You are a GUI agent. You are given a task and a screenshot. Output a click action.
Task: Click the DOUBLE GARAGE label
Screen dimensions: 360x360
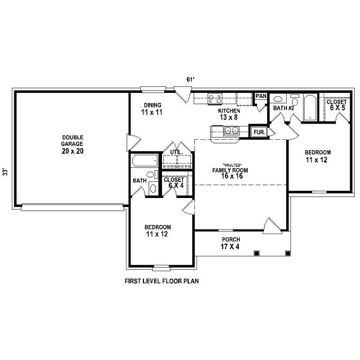72,141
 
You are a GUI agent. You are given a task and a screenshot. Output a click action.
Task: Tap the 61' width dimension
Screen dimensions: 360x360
190,80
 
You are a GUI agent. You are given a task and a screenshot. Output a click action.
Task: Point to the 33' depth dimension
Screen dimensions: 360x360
6,172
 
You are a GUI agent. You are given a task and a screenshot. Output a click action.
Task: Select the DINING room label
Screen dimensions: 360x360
153,105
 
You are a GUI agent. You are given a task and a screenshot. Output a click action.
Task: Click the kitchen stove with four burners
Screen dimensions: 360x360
215,99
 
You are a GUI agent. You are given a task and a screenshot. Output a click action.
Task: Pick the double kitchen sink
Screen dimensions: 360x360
232,131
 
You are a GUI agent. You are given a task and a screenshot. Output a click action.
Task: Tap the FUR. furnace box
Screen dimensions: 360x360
260,132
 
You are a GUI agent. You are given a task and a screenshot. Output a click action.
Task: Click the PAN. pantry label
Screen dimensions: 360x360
261,96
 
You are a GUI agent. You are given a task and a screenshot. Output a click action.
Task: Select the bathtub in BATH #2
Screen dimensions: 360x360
310,108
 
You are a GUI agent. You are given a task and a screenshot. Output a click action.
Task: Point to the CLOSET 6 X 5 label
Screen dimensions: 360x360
337,105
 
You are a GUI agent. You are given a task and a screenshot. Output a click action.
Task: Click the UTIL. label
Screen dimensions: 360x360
177,152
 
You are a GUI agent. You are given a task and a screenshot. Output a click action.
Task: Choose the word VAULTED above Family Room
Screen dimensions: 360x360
232,165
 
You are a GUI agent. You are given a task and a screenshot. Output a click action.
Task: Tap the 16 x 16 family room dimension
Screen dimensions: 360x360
232,176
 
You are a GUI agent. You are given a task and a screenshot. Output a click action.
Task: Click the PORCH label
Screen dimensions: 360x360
231,240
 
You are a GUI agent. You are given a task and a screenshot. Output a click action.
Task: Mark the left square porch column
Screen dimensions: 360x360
256,253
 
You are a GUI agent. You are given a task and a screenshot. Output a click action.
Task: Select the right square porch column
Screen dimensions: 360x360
288,253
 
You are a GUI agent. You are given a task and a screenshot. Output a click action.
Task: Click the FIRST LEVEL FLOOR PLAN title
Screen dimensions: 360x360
162,281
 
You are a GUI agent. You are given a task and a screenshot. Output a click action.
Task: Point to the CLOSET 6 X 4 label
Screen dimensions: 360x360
174,182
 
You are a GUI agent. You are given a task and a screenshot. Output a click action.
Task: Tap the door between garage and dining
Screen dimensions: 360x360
133,143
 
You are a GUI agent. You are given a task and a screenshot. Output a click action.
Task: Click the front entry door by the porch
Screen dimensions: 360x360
272,226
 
